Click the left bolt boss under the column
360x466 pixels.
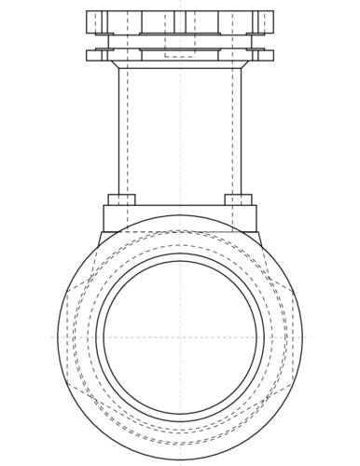pos(122,199)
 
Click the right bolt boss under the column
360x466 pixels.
pos(239,199)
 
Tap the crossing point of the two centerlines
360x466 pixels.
pos(180,336)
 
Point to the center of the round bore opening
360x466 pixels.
pos(180,336)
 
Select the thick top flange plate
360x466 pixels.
pos(180,21)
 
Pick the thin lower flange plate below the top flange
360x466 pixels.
pos(180,55)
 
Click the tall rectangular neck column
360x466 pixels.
pos(180,130)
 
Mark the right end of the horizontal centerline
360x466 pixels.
pos(309,336)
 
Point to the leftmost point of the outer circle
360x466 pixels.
pos(58,336)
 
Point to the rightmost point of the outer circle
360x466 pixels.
pos(302,336)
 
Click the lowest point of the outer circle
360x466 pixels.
pos(180,458)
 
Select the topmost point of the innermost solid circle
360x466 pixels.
pos(180,258)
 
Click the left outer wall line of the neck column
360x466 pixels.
pos(118,130)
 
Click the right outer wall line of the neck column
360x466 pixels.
pos(242,130)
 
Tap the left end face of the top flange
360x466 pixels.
pos(87,21)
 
